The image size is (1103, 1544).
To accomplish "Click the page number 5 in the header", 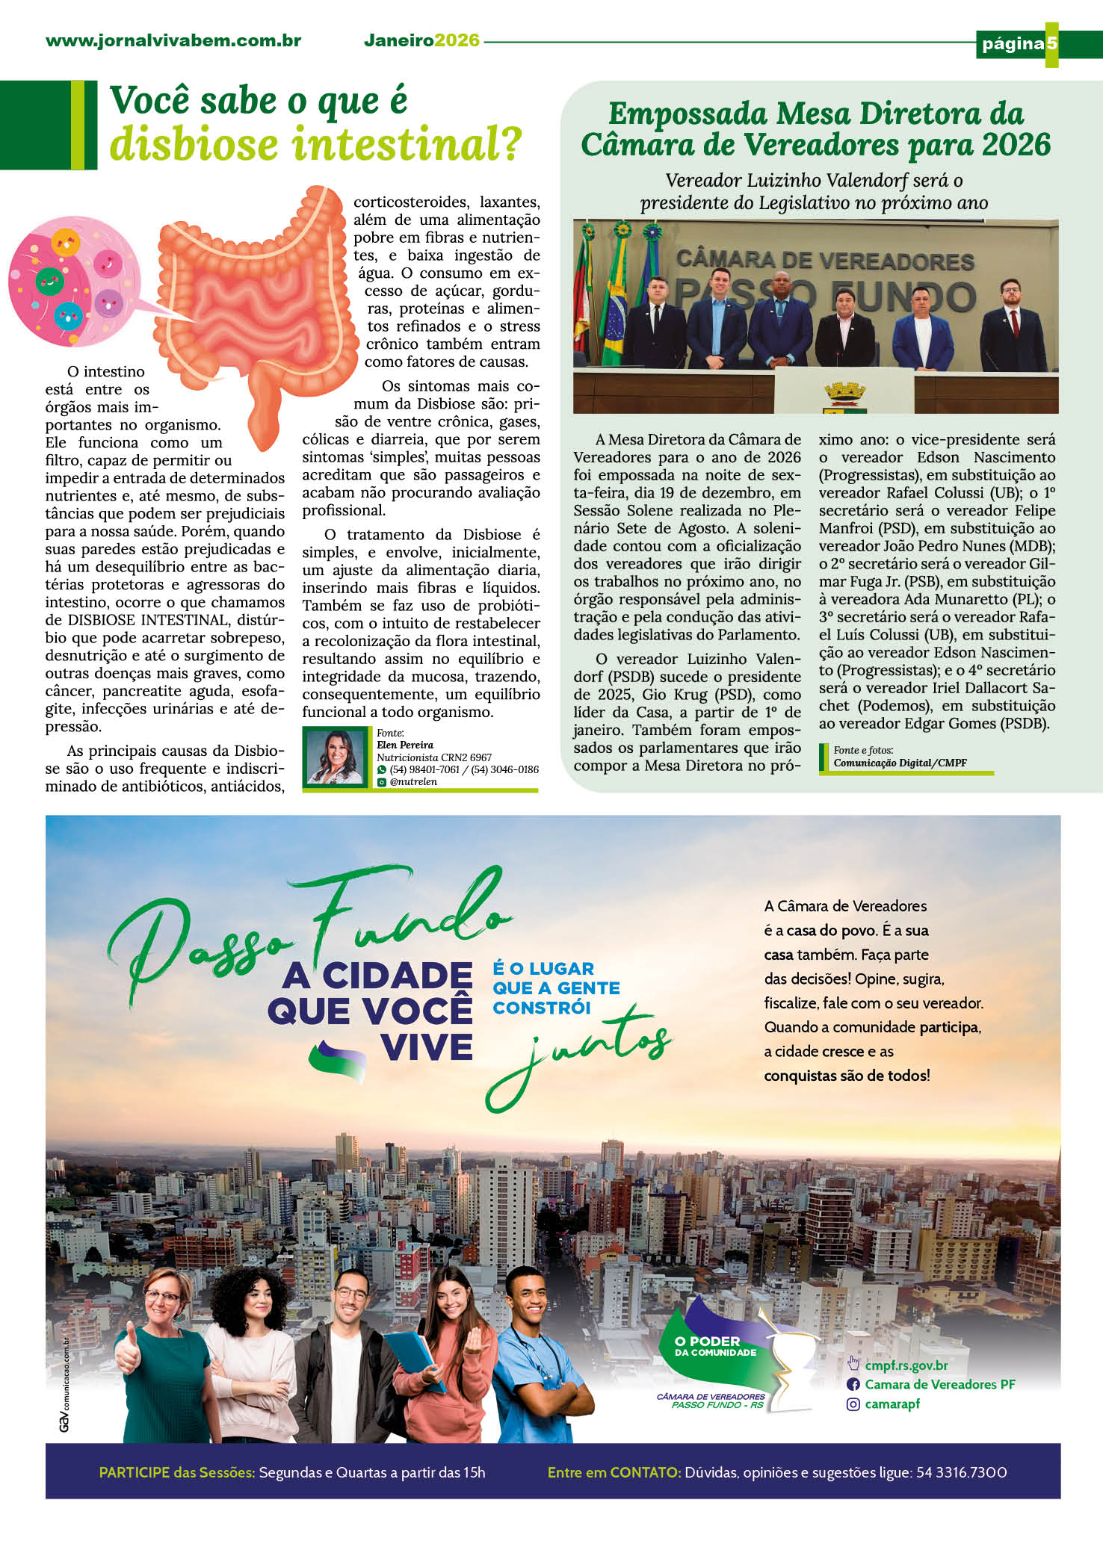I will coord(1051,43).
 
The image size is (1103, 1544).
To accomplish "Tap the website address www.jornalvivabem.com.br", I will coord(173,41).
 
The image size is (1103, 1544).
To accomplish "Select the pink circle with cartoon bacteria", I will coord(71,280).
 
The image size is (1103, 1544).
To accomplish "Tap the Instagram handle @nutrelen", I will coord(413,781).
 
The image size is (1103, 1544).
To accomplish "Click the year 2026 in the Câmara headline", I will coord(1016,145).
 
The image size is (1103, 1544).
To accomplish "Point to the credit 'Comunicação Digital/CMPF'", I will coord(900,763).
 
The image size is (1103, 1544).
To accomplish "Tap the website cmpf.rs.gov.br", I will coord(906,1365).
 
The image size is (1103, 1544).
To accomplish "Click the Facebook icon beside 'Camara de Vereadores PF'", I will coord(853,1384).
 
